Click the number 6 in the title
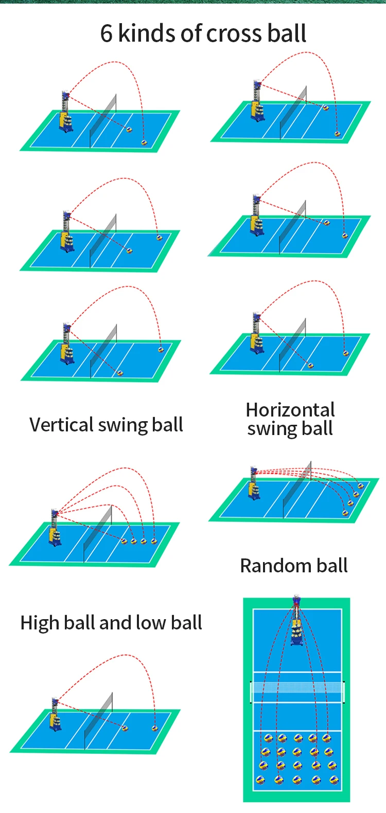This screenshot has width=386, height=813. [106, 34]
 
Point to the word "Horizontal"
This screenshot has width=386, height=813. [290, 410]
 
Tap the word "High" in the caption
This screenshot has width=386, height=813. [39, 623]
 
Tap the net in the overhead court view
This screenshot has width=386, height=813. [297, 688]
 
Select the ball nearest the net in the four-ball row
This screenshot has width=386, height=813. [124, 541]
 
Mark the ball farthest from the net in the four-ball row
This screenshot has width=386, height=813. [154, 541]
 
